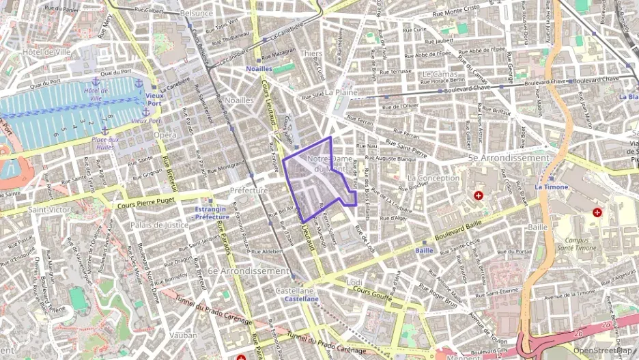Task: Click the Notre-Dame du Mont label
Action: tap(328, 163)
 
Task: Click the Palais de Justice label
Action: tap(159, 225)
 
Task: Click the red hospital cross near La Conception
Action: tap(479, 196)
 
